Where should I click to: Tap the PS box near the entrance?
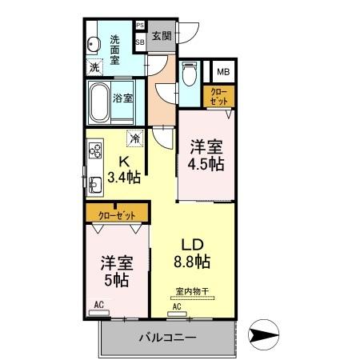(x=139, y=26)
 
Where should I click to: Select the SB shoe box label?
(x=139, y=41)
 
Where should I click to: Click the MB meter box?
(x=222, y=71)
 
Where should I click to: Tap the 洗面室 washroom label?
(x=115, y=49)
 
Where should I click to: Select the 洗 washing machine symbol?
(x=96, y=68)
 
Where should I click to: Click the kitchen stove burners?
(x=96, y=151)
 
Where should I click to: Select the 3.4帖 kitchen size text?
(x=125, y=177)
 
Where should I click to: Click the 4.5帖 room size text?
(x=206, y=163)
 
